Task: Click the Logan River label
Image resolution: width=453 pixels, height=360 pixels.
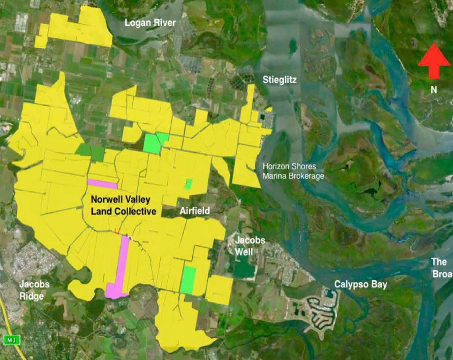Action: click(150, 23)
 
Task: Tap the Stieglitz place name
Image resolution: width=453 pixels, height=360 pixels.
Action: click(279, 80)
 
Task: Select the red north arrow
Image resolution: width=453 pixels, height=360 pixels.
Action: click(434, 60)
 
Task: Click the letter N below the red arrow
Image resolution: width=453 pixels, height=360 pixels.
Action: click(434, 90)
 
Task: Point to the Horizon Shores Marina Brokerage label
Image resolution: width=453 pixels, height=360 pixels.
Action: click(293, 171)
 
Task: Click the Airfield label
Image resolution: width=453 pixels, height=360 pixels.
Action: click(195, 210)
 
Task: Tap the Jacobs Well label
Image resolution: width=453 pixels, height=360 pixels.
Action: click(249, 246)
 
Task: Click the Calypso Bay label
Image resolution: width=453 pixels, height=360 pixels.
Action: click(361, 284)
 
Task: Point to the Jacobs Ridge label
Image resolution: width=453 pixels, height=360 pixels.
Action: click(34, 290)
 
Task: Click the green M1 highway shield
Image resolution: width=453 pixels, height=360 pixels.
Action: click(11, 340)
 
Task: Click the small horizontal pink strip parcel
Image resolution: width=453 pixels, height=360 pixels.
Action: click(102, 184)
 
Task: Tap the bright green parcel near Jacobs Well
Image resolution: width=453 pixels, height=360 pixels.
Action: click(188, 279)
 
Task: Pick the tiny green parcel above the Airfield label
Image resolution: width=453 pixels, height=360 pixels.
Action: click(189, 184)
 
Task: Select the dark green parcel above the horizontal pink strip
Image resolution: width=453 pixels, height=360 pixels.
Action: click(90, 152)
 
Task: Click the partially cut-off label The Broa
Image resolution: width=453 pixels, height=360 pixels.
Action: click(441, 268)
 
